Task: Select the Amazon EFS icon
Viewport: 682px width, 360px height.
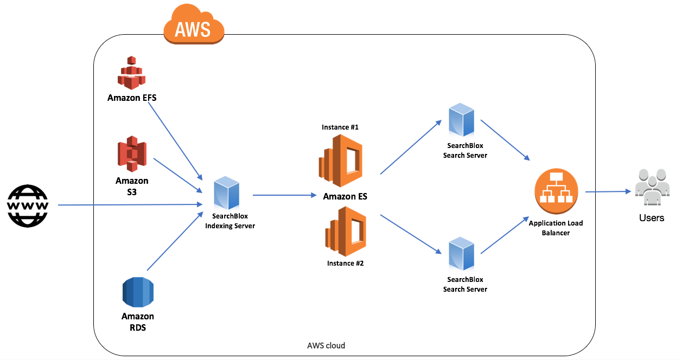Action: coord(131,73)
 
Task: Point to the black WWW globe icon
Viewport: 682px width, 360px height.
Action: coord(28,205)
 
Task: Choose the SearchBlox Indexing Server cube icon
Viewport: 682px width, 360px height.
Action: coord(226,194)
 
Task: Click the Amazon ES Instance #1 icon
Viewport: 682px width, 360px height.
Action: coord(340,161)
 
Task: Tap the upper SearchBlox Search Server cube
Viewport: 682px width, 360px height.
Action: coord(461,120)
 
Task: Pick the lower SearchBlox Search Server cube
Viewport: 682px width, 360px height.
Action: coord(461,254)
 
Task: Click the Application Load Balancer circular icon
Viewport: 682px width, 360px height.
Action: coord(556,192)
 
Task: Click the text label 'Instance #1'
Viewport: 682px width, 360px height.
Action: coord(340,127)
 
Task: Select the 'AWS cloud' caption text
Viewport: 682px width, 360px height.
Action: coord(326,345)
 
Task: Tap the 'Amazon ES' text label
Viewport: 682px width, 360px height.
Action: coord(345,196)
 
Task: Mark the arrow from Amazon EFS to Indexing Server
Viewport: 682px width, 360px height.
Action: coord(174,140)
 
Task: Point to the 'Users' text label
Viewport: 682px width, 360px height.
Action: coord(652,218)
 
